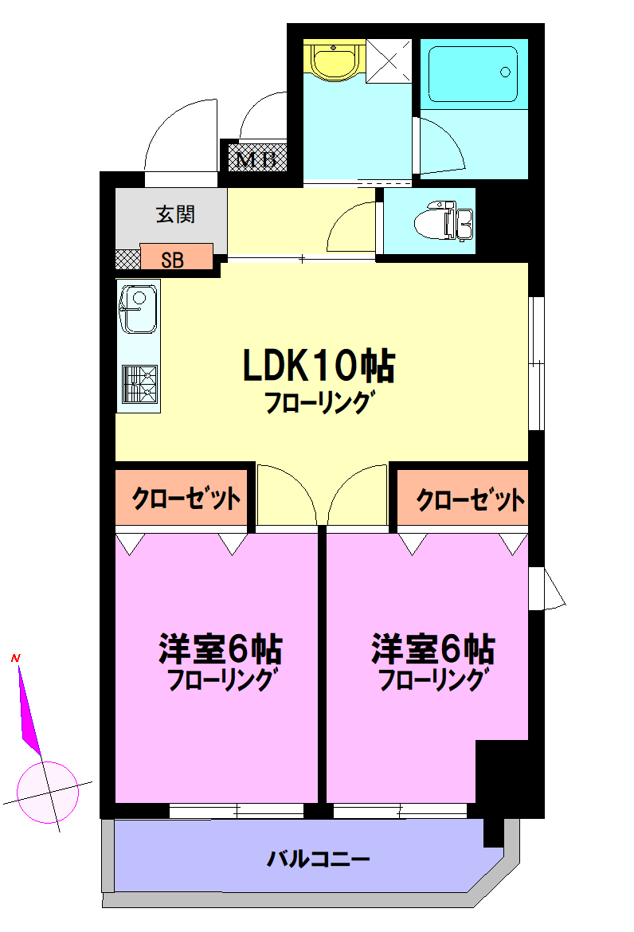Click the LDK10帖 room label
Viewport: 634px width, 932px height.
[319, 367]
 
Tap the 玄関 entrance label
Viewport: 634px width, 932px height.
[175, 213]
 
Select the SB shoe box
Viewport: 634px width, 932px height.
[176, 258]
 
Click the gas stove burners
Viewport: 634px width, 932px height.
[139, 385]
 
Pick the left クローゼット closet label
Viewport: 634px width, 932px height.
[186, 499]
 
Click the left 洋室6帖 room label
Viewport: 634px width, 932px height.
[220, 649]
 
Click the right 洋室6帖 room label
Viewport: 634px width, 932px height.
[432, 649]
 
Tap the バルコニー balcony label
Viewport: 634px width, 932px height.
[318, 860]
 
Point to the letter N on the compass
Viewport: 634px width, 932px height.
[15, 659]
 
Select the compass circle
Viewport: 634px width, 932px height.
[48, 792]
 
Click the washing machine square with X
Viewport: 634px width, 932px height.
[390, 60]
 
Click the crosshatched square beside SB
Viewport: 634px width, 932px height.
[127, 259]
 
